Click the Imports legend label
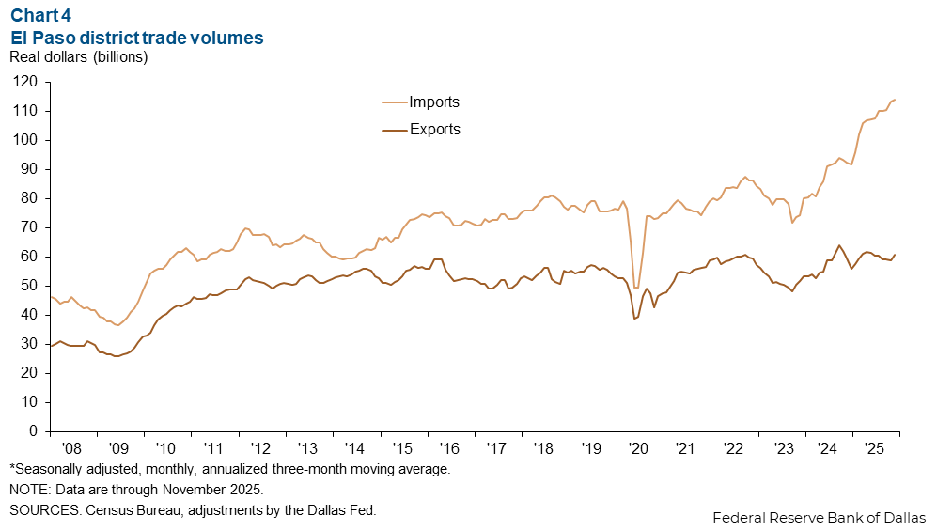click(x=434, y=102)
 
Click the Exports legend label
click(x=434, y=130)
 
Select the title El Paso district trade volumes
click(x=136, y=38)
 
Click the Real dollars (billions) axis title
click(x=79, y=57)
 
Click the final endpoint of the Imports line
click(x=895, y=100)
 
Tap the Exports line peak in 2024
click(x=838, y=245)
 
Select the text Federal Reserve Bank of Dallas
click(x=819, y=517)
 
